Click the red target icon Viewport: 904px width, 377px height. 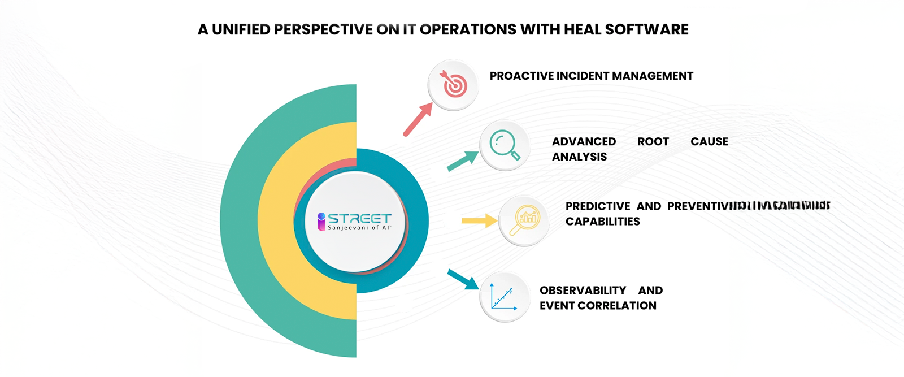(454, 85)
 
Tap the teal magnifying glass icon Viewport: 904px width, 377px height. (504, 145)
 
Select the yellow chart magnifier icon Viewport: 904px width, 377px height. (524, 220)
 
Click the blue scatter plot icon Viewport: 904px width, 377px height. (504, 297)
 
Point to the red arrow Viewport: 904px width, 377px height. (418, 120)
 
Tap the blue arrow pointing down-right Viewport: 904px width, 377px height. (463, 279)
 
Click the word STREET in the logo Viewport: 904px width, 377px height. (359, 218)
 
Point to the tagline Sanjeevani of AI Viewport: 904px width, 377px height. (359, 228)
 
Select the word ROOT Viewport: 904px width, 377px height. (653, 141)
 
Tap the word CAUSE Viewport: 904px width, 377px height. (709, 141)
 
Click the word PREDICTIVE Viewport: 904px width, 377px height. (598, 206)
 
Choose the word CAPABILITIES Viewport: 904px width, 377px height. (603, 222)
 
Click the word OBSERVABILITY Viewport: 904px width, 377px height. (583, 291)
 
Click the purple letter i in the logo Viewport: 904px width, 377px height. (321, 221)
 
